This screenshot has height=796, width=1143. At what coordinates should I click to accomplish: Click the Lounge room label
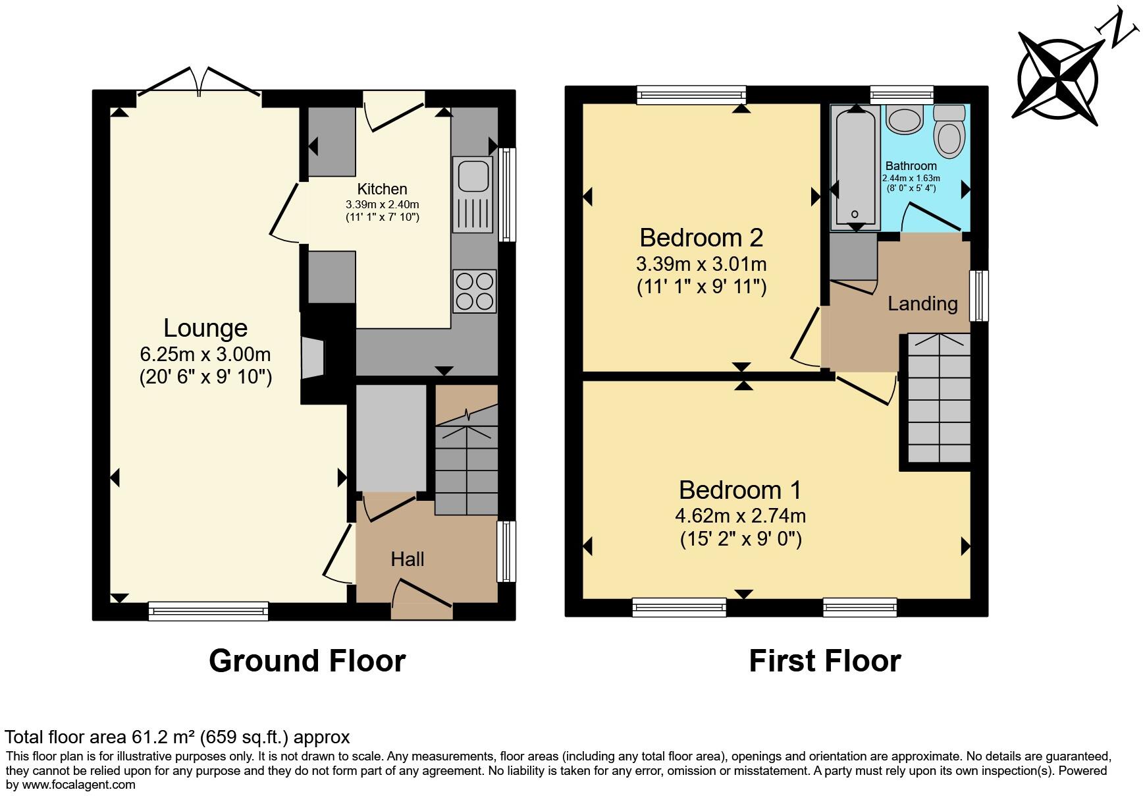click(205, 328)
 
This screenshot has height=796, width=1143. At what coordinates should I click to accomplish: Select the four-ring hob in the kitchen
click(475, 291)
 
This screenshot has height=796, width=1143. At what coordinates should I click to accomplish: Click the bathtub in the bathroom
click(855, 168)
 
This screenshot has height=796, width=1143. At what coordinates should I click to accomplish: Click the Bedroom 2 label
click(701, 237)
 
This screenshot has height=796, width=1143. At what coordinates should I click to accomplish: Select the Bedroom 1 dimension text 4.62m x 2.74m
click(741, 515)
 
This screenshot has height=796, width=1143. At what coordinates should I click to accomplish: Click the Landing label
click(922, 304)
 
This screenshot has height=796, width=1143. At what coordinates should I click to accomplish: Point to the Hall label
click(407, 559)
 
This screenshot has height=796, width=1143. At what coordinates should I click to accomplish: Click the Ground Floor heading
click(307, 661)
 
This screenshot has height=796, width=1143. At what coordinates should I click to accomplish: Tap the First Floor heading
click(824, 661)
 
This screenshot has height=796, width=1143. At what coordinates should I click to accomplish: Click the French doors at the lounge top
click(199, 84)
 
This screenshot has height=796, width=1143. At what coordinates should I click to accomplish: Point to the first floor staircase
click(939, 399)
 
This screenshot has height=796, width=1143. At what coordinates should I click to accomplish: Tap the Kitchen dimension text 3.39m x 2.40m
click(382, 205)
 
